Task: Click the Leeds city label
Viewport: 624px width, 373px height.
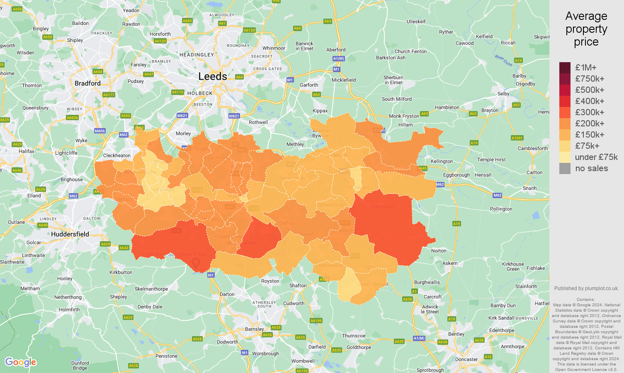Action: point(213,77)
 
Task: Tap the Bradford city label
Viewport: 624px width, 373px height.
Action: point(87,83)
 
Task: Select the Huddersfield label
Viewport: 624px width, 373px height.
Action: point(70,234)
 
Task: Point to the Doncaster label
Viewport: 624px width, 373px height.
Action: point(466,359)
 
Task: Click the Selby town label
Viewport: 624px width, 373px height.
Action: point(503,94)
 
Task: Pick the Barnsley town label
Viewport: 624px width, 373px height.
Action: point(254,329)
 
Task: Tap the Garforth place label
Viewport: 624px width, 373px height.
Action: point(309,85)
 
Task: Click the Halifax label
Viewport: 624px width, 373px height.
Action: point(27,151)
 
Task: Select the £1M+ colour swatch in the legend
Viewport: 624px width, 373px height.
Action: point(565,68)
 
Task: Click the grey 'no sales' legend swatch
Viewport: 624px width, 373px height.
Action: point(565,168)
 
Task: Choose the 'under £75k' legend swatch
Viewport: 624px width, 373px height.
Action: point(565,157)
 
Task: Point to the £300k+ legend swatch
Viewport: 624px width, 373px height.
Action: point(565,112)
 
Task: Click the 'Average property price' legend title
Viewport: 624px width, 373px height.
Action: point(586,29)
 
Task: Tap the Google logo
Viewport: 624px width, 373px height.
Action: point(21,362)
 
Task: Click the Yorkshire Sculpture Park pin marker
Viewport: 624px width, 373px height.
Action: point(197,262)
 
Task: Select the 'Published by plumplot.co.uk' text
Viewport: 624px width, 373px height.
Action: point(586,288)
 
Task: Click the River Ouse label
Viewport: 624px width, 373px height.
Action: point(503,61)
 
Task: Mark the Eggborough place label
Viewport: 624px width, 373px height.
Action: point(456,175)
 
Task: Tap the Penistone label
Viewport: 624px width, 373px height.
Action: point(166,356)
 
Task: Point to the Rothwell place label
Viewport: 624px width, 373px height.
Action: point(258,122)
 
